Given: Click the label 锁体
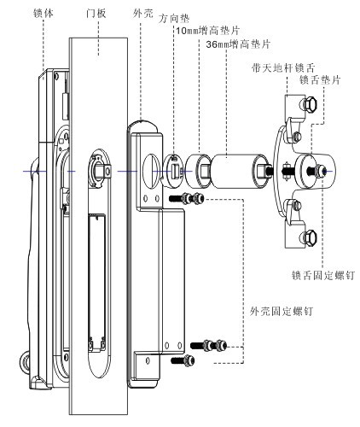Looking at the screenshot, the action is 44,14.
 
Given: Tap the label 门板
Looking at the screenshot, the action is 96,14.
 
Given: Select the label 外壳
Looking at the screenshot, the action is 142,14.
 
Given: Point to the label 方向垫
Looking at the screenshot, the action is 174,19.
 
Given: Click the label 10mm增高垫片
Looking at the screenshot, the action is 207,30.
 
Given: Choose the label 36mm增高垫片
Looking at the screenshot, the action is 238,44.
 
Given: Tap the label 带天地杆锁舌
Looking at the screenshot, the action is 283,68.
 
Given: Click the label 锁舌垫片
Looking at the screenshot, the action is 320,80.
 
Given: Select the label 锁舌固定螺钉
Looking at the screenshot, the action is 323,275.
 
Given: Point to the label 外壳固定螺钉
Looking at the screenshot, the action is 282,311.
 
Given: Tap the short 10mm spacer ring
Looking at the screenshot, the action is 198,171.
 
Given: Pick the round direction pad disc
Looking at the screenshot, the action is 173,171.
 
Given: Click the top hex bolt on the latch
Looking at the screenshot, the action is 309,104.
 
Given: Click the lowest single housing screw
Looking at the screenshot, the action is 183,360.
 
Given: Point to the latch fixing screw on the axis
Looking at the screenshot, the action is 316,171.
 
